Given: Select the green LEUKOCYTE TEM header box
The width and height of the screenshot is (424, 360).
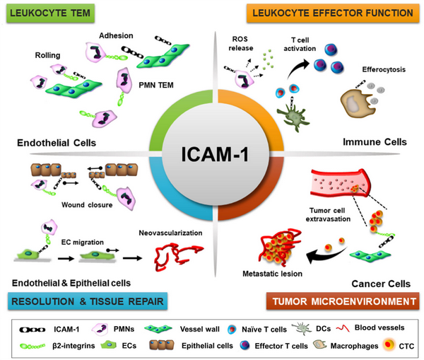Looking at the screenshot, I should pos(45,13).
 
